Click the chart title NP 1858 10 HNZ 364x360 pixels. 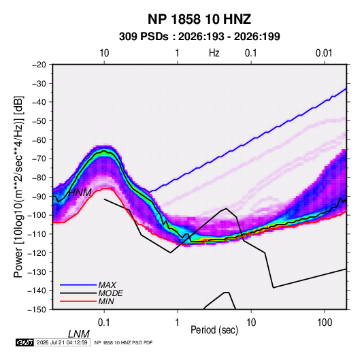click(x=199, y=19)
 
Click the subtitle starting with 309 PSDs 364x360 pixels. click(x=199, y=37)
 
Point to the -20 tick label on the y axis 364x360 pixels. click(x=39, y=65)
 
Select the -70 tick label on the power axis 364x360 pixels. click(x=39, y=159)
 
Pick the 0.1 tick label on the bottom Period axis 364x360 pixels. click(x=104, y=323)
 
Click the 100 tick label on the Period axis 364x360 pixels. click(x=325, y=323)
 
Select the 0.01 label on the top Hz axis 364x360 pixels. click(x=324, y=53)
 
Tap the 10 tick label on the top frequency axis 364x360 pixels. click(x=104, y=53)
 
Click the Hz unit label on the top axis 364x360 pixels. click(x=214, y=53)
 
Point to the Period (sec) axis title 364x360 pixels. click(x=214, y=330)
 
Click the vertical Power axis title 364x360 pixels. click(x=18, y=186)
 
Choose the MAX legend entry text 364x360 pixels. click(x=107, y=285)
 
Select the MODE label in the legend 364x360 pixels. click(x=110, y=293)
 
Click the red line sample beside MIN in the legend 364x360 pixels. click(x=78, y=301)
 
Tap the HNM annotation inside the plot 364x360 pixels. click(x=80, y=193)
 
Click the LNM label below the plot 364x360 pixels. click(x=79, y=334)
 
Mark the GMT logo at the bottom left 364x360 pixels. click(x=25, y=342)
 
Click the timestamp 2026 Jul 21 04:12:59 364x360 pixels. click(x=62, y=342)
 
